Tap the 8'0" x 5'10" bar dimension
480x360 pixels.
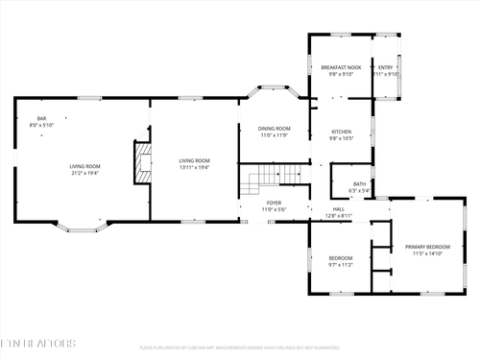pyautogui.click(x=41, y=125)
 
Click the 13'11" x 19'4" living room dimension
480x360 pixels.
pyautogui.click(x=195, y=167)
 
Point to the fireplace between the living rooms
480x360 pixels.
pyautogui.click(x=142, y=162)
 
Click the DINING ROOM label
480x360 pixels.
pyautogui.click(x=274, y=128)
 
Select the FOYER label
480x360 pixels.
pyautogui.click(x=274, y=203)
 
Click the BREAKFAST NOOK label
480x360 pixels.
pyautogui.click(x=341, y=66)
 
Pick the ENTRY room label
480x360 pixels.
pyautogui.click(x=385, y=66)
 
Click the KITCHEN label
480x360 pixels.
pyautogui.click(x=342, y=132)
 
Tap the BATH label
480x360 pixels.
pyautogui.click(x=359, y=183)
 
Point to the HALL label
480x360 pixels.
pyautogui.click(x=339, y=209)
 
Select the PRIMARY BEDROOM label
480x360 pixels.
pyautogui.click(x=424, y=247)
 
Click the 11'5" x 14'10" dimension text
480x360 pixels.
pyautogui.click(x=424, y=254)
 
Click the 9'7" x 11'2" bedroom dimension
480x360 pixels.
pyautogui.click(x=341, y=265)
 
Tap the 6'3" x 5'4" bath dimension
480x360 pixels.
pyautogui.click(x=359, y=190)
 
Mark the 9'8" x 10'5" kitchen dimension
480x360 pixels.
pyautogui.click(x=342, y=138)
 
